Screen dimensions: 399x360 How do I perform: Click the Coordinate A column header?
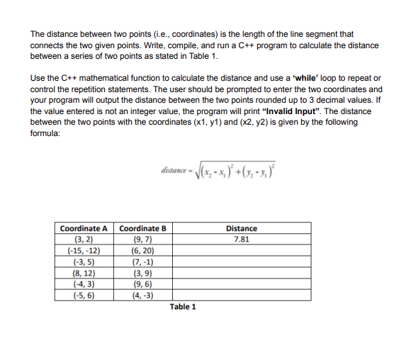point(84,229)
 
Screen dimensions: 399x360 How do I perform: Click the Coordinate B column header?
point(142,229)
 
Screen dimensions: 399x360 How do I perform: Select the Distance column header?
point(241,229)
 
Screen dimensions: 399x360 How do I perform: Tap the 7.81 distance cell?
point(241,240)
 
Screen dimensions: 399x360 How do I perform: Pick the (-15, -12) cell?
point(84,250)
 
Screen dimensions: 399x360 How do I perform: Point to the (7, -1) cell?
point(142,261)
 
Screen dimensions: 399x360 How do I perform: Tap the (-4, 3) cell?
point(84,283)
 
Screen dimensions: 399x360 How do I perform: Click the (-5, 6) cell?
point(84,295)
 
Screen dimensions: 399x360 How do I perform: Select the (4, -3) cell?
point(142,295)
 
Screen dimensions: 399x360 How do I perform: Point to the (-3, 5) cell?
point(84,261)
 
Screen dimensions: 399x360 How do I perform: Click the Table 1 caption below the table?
point(183,307)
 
